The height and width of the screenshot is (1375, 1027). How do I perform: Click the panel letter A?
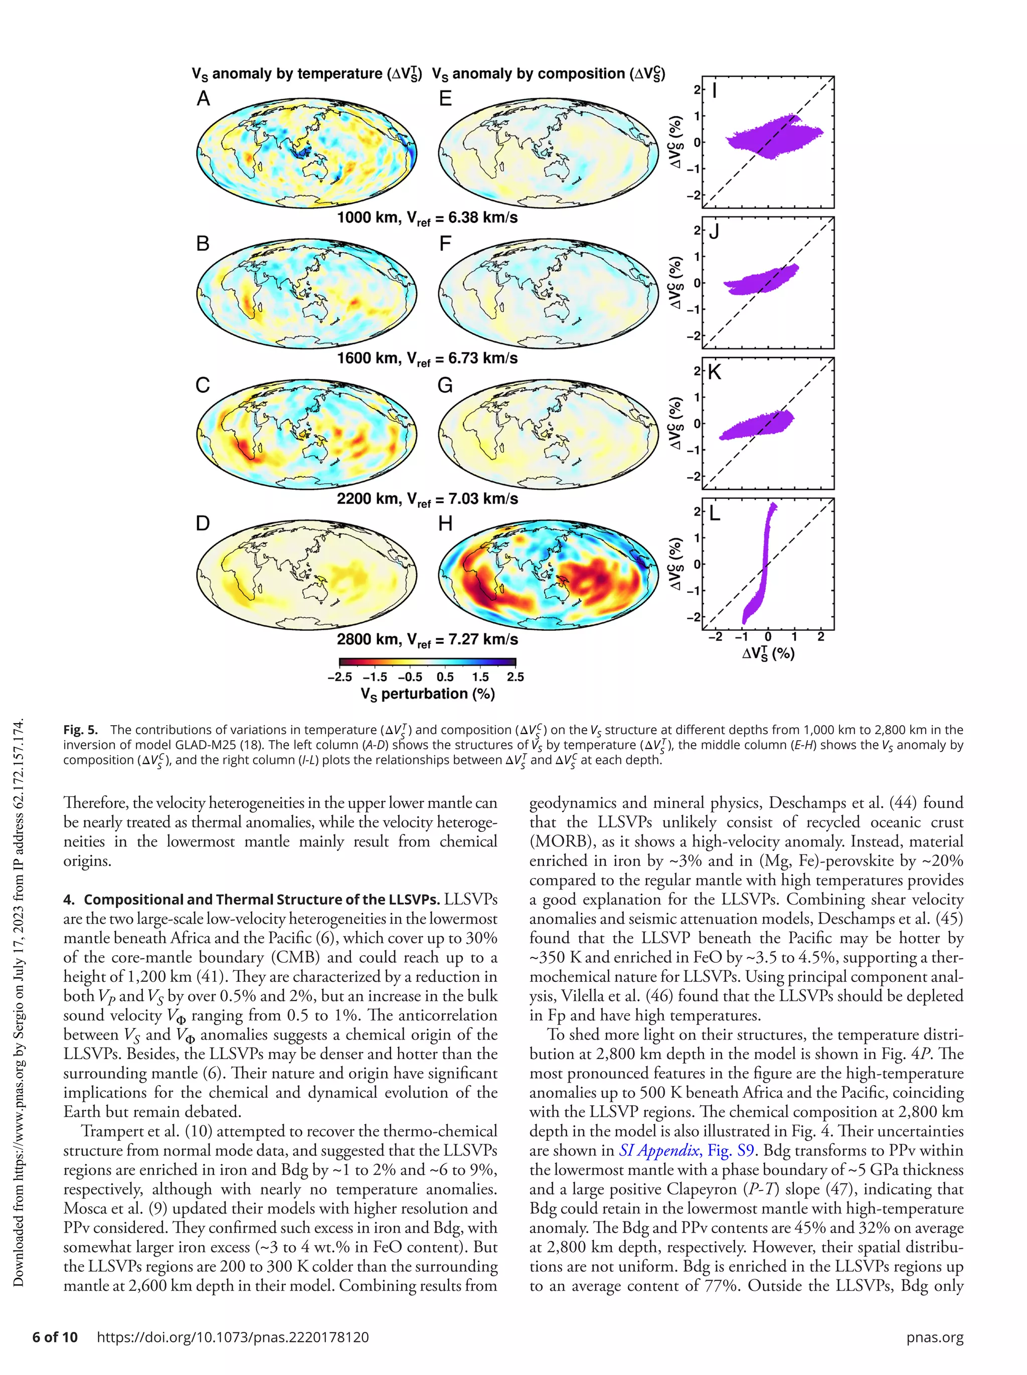pos(203,99)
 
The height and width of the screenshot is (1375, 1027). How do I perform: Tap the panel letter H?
pos(445,524)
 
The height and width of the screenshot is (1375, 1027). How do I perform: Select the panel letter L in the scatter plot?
pos(715,513)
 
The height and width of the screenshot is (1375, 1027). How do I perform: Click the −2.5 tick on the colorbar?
pos(339,677)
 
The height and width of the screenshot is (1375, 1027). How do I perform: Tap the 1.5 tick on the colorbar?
pos(480,677)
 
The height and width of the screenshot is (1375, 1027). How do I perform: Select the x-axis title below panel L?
pos(768,653)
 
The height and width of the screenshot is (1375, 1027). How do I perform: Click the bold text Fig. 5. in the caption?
pos(80,730)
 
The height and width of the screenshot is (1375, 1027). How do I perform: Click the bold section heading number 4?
pos(68,900)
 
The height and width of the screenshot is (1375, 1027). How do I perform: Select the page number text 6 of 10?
pos(55,1337)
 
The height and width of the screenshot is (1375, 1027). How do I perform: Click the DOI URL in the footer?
pos(233,1337)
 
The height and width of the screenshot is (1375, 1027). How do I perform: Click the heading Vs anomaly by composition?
pos(548,74)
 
